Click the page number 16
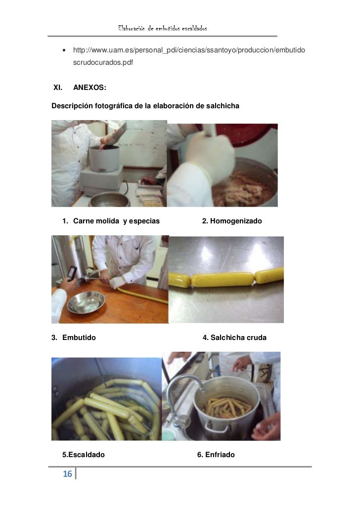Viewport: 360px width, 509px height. point(67,474)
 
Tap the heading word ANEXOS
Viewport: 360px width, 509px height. point(90,87)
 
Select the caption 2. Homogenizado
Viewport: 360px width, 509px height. point(231,221)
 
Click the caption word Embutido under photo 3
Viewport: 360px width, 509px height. point(79,338)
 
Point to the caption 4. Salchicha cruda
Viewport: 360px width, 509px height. point(234,338)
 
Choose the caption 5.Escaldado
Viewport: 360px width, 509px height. point(84,455)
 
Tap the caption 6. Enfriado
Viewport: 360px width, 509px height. point(216,455)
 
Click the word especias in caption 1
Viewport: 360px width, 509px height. point(144,221)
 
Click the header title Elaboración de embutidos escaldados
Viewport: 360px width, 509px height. point(163,28)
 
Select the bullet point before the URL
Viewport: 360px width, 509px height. point(64,50)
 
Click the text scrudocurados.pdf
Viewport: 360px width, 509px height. point(103,62)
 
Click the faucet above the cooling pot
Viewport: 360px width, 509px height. point(185,389)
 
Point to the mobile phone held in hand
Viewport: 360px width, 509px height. point(72,273)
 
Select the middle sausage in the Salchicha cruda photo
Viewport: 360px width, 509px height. point(223,280)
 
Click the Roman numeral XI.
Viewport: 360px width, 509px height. point(58,87)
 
